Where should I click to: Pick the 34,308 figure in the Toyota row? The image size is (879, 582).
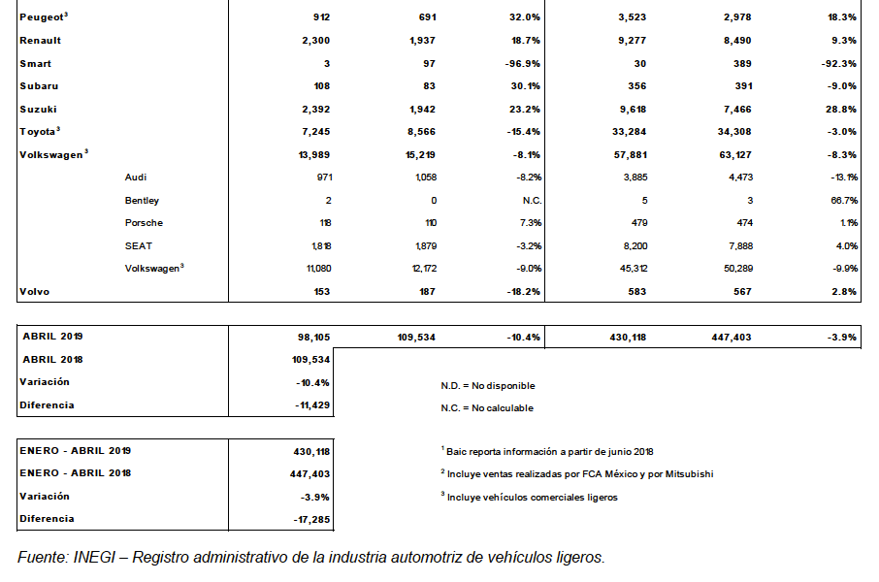(x=732, y=132)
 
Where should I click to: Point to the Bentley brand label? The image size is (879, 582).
(x=142, y=201)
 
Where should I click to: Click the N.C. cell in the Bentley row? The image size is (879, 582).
(x=530, y=201)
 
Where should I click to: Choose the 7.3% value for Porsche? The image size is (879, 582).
(x=530, y=223)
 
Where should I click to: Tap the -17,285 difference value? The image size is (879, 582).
(x=309, y=519)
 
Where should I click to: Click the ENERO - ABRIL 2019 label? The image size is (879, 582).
(x=76, y=451)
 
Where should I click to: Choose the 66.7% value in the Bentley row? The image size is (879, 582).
(x=842, y=201)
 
